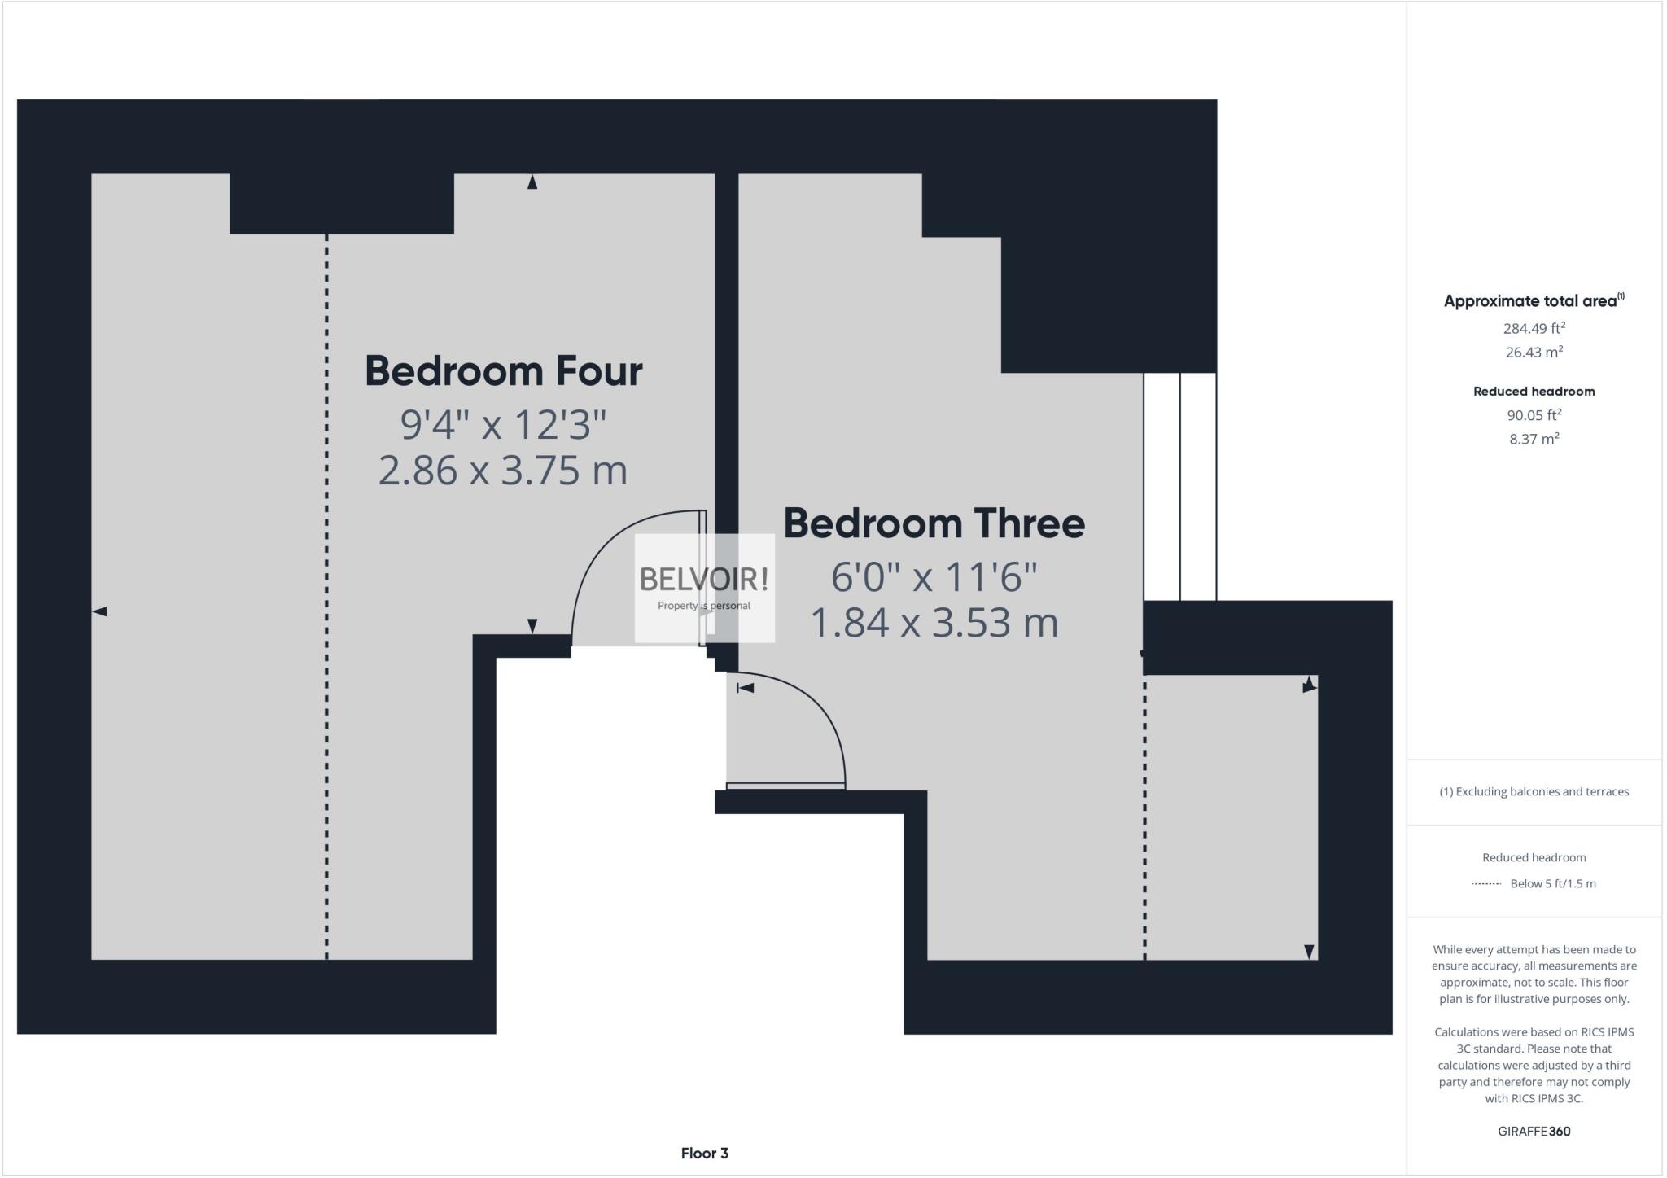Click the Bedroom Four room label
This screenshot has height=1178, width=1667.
[x=503, y=371]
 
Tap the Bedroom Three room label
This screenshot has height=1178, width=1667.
[x=934, y=523]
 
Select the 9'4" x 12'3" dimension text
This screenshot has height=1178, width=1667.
[x=503, y=424]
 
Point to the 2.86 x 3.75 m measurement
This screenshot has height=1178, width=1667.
[x=503, y=471]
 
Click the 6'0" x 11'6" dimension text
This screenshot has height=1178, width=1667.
[x=934, y=578]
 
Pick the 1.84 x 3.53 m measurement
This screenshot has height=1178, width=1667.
[x=934, y=623]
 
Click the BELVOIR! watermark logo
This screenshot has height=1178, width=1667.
[x=704, y=580]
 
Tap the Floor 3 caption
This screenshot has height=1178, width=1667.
[x=704, y=1153]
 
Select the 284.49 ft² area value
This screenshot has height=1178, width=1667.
[x=1534, y=329]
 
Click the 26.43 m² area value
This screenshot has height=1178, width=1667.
[x=1534, y=353]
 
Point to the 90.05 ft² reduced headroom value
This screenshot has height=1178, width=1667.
[x=1534, y=415]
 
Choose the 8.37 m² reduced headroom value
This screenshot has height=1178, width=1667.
[x=1534, y=439]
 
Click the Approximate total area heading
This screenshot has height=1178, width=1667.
[x=1534, y=300]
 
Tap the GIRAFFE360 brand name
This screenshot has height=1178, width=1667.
[x=1534, y=1131]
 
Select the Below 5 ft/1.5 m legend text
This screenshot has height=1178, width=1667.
[x=1552, y=883]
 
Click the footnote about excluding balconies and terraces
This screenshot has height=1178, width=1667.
[x=1534, y=791]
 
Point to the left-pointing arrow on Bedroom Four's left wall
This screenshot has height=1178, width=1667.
[x=99, y=611]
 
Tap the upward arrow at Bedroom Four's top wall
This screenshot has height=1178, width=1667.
[x=532, y=182]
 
